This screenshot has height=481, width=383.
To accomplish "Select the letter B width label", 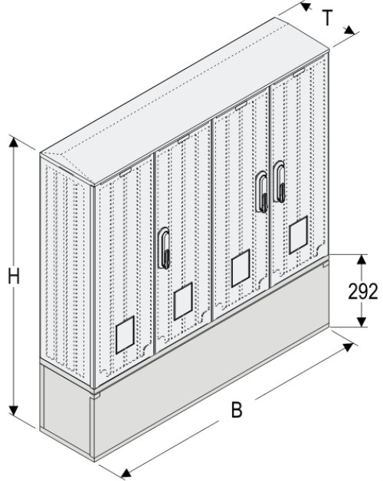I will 237,411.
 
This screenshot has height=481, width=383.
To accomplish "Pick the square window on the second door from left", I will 182,301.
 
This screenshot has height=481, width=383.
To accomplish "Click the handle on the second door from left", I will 165,248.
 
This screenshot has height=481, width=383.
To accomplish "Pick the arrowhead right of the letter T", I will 352,31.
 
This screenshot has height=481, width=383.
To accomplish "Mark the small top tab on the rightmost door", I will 297,74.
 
